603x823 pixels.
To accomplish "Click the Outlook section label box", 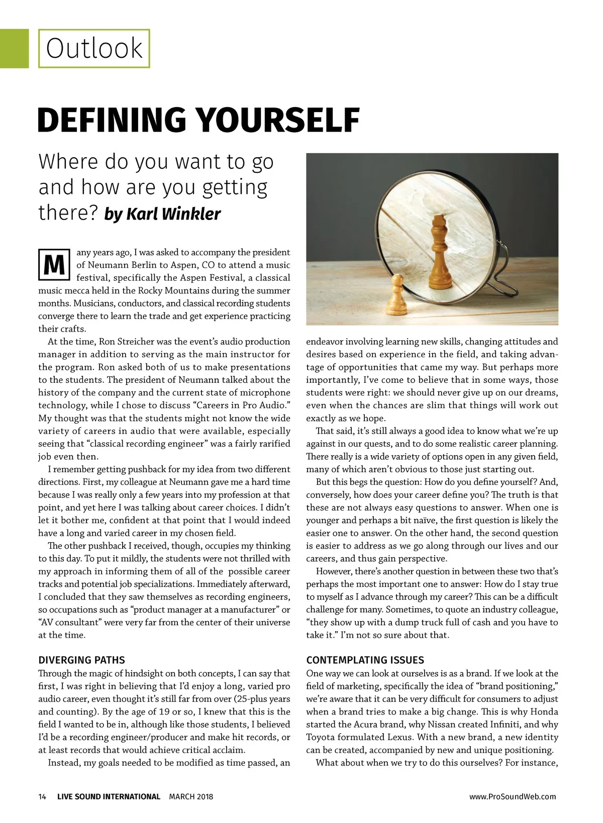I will (94, 49).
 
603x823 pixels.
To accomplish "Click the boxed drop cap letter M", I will (54, 264).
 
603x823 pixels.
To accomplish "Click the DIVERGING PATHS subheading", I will (81, 660).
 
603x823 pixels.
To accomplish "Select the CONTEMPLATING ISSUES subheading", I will (365, 660).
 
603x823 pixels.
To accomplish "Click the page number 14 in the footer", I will (42, 796).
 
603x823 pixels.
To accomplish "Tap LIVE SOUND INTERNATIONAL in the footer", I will (109, 796).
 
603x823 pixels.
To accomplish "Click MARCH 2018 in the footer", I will (191, 796).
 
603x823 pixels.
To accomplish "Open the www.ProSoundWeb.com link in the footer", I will (513, 796).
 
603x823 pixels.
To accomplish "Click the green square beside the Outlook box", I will (14, 49).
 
